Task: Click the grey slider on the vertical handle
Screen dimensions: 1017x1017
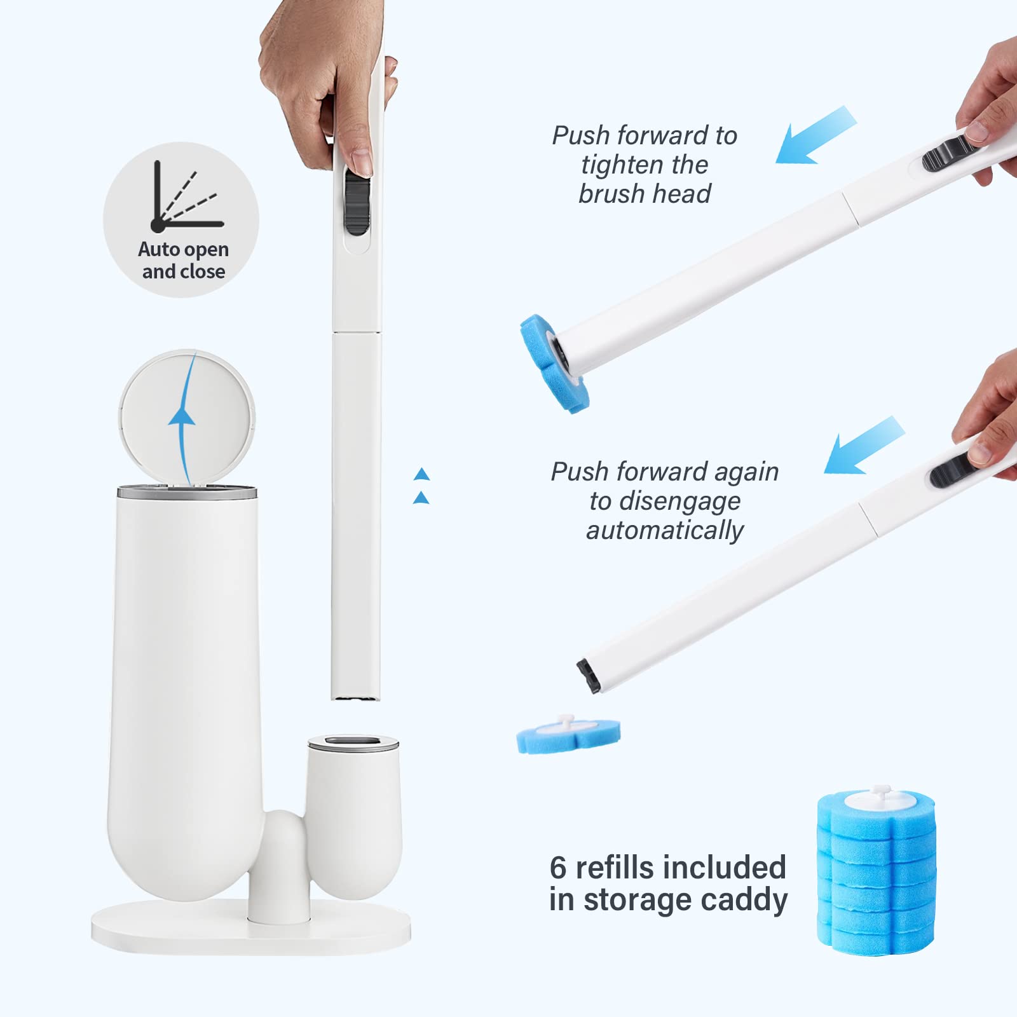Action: [357, 203]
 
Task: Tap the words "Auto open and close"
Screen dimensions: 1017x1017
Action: [183, 261]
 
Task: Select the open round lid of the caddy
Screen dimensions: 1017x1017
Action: [188, 413]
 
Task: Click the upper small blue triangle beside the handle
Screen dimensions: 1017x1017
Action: [421, 474]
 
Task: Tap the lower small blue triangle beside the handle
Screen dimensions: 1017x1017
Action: [421, 497]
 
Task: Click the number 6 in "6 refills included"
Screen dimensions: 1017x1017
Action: [557, 867]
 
